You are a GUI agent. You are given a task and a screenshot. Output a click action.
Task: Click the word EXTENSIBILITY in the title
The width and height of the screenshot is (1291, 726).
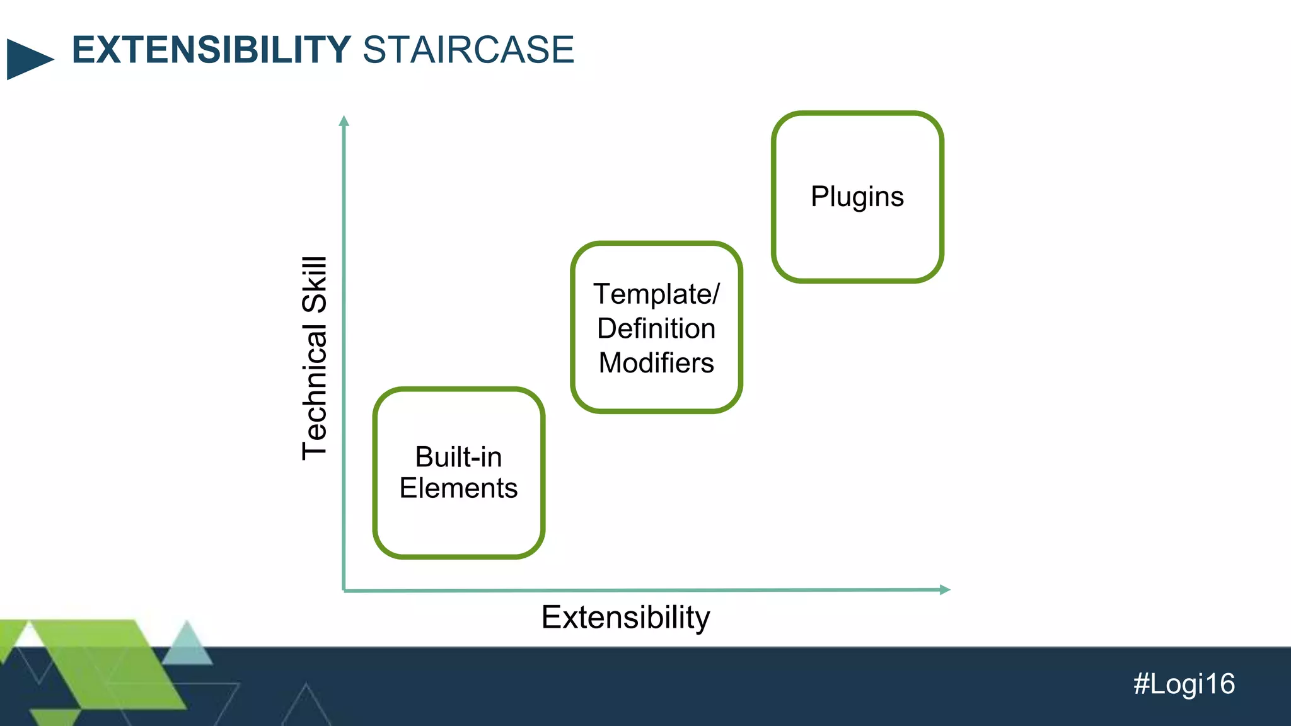click(211, 50)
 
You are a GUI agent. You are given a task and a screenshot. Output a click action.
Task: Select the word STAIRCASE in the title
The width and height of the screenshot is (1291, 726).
click(468, 50)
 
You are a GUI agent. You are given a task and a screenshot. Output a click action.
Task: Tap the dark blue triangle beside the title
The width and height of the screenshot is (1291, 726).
click(28, 59)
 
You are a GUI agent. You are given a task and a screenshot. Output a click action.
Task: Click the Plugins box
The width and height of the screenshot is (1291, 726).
click(857, 197)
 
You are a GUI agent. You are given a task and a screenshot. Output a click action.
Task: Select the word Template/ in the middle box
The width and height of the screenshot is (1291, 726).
click(656, 294)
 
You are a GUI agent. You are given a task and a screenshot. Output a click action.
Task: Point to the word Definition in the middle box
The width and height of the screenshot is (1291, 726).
click(656, 328)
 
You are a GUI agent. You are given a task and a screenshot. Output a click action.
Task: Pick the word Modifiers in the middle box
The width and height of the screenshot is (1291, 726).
click(656, 363)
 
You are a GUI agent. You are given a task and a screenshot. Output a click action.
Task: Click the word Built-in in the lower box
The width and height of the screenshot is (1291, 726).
click(458, 457)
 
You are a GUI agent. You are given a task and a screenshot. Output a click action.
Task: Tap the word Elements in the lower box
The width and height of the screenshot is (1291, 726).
click(458, 488)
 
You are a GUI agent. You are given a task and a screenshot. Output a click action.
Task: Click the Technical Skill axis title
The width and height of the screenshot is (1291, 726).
click(315, 358)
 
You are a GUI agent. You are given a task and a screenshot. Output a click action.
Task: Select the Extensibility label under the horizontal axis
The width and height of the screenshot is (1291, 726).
click(625, 617)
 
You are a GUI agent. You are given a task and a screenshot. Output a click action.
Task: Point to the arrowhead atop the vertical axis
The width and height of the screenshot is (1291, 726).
click(344, 120)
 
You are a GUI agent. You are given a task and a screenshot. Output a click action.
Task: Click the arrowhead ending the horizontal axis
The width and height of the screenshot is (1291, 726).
click(944, 590)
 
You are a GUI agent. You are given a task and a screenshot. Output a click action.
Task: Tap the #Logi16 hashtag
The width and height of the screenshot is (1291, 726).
click(1184, 684)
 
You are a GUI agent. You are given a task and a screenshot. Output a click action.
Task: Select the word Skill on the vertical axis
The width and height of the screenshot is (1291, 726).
click(315, 285)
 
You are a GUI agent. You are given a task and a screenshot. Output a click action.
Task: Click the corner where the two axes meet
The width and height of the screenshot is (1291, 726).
click(344, 591)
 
